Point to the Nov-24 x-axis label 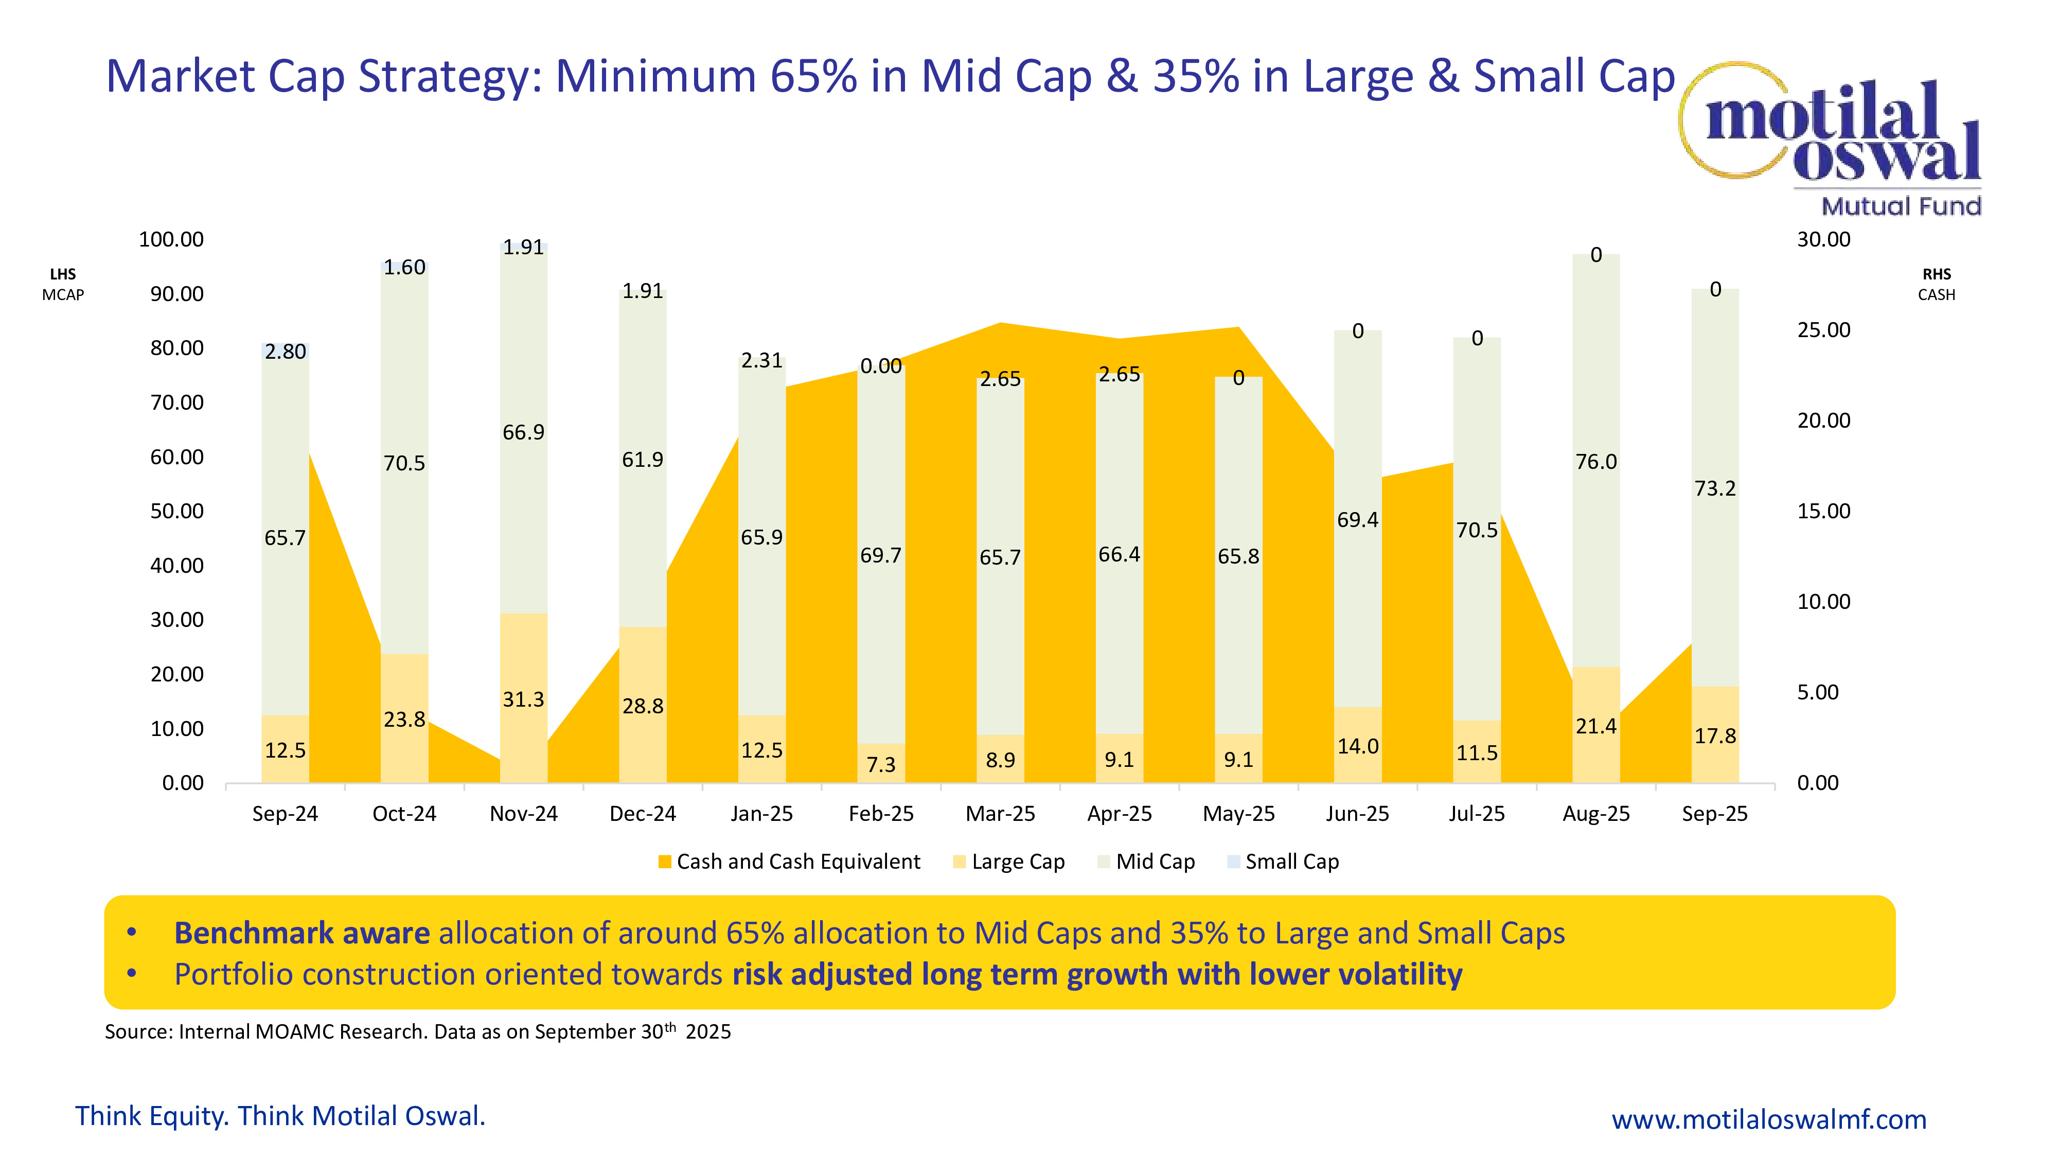(523, 814)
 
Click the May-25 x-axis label (1238, 814)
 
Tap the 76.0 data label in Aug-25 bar (1595, 462)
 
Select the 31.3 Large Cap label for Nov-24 (523, 700)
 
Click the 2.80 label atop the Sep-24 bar (285, 352)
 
